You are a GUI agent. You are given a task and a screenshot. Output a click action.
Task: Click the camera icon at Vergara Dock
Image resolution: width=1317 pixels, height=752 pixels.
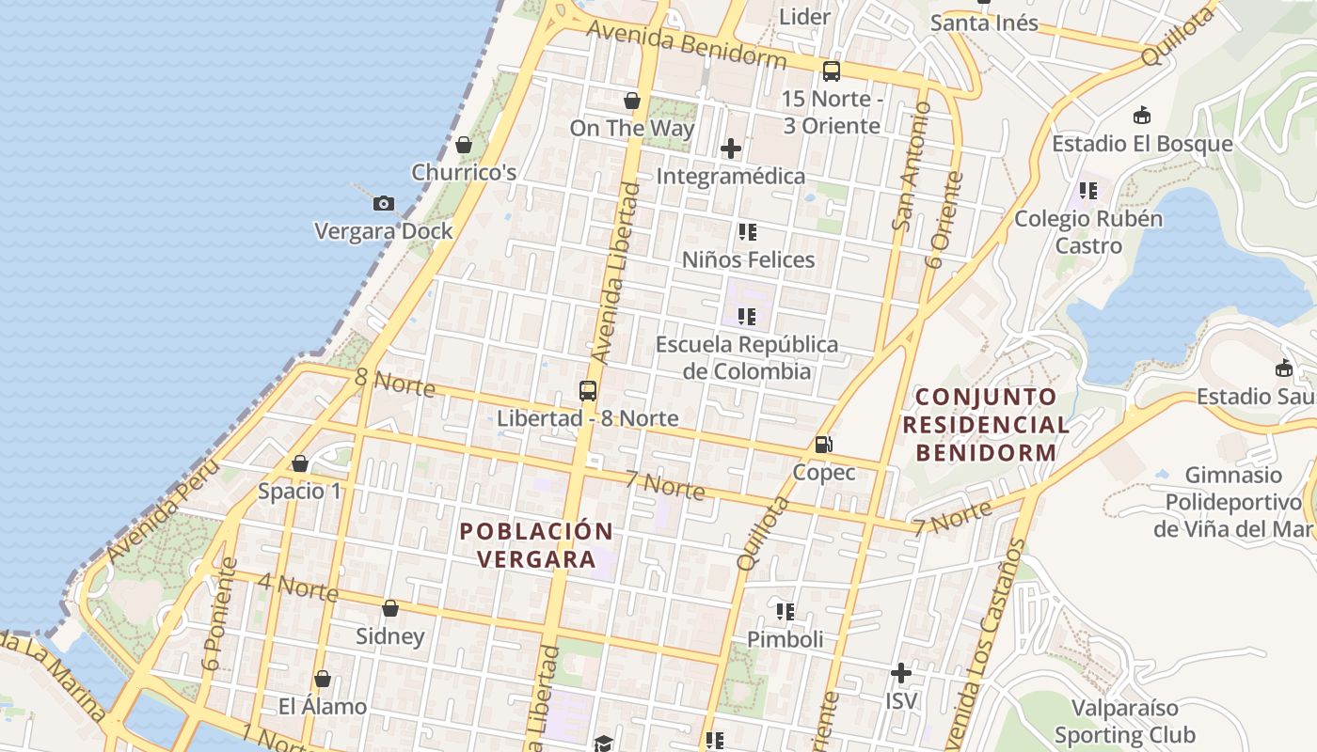pos(383,203)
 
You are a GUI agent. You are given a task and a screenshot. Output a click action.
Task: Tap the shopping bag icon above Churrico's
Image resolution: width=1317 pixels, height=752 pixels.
pos(463,145)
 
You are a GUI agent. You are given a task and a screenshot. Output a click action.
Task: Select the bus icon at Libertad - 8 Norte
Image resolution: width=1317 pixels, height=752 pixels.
pos(588,391)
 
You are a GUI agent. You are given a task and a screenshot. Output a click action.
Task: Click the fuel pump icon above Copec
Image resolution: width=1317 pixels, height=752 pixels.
pos(823,444)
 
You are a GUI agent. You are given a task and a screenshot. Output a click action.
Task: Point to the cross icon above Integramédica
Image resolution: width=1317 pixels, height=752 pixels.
pos(731,149)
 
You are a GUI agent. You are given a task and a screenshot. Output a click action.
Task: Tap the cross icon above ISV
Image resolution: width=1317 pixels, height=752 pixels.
pos(901,673)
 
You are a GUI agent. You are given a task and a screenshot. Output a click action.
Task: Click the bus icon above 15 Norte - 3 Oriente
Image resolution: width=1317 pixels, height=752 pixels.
pos(832,70)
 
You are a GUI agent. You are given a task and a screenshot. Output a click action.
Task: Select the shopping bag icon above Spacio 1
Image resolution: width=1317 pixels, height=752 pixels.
pos(300,463)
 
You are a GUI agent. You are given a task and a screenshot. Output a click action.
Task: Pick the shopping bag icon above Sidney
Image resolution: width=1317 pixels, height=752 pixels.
pos(390,608)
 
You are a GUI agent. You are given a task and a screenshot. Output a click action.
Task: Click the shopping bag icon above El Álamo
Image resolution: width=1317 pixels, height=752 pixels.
pos(323,679)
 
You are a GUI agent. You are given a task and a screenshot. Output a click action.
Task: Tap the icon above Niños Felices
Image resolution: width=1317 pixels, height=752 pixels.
pos(748,232)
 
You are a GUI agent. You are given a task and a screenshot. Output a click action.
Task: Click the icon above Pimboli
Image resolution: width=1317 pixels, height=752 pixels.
pos(785,612)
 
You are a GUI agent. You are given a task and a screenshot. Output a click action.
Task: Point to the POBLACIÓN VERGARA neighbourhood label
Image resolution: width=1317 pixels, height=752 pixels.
pos(536,545)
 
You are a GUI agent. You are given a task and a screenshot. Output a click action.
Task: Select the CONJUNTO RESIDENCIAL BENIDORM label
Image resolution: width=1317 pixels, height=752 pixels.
pos(986,424)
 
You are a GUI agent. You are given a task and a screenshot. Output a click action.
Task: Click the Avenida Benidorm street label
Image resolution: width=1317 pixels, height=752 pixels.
pos(686,44)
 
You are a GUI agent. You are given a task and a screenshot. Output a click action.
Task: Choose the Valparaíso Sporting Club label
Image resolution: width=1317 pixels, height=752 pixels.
pos(1124,721)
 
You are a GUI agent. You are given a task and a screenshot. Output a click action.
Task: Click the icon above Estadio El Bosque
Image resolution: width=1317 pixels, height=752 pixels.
pos(1141,116)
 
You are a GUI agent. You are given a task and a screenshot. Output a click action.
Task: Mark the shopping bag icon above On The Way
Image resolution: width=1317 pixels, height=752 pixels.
pos(632,101)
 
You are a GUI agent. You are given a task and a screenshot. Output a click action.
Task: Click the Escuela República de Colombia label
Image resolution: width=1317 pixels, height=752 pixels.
pos(747,357)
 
